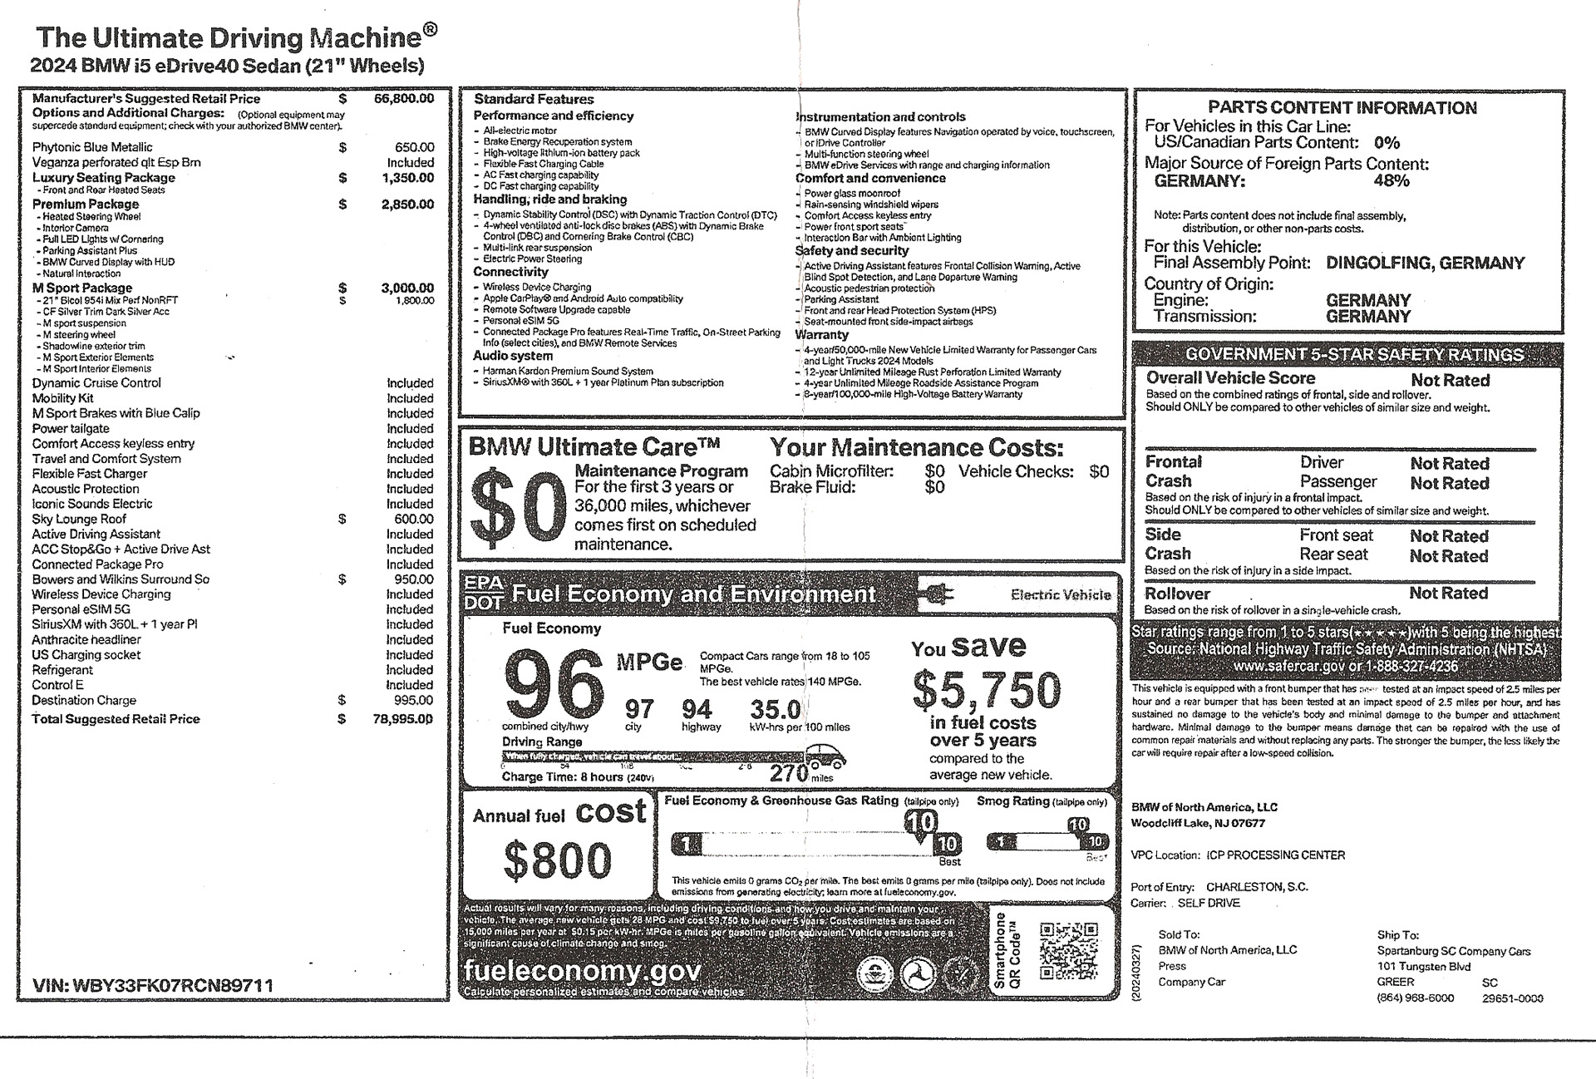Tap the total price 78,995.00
[x=403, y=719]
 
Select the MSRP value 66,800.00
[x=404, y=98]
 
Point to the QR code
[x=1068, y=952]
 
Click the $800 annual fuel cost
[x=557, y=860]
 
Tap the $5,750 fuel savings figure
[x=987, y=689]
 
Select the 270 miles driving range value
[x=789, y=773]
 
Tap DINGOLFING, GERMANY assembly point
[x=1425, y=264]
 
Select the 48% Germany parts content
[x=1391, y=180]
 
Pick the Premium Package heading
[x=86, y=204]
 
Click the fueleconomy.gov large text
[x=582, y=970]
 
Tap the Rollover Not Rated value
[x=1448, y=594]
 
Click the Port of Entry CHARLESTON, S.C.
[x=1257, y=887]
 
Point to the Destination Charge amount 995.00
[x=414, y=700]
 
